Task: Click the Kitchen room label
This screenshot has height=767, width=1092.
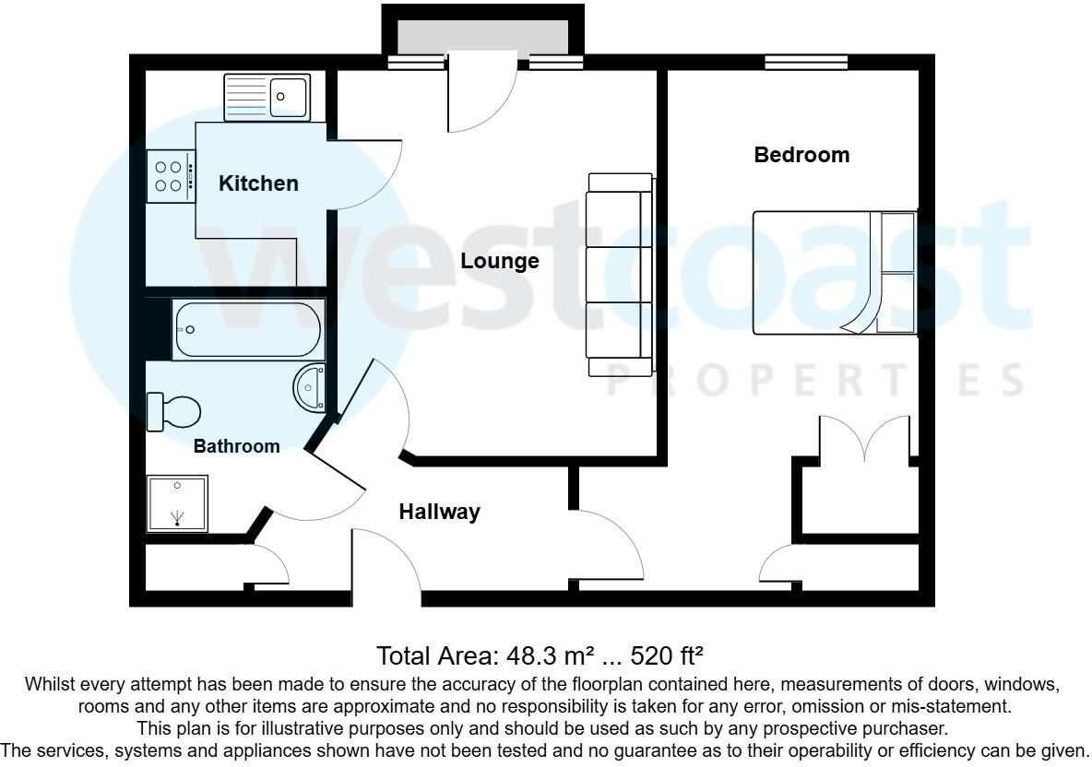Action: click(x=258, y=183)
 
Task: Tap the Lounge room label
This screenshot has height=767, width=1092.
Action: click(x=500, y=261)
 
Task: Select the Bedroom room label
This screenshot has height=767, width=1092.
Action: click(x=801, y=155)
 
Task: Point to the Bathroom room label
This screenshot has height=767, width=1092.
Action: click(x=236, y=446)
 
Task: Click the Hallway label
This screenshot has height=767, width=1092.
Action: click(x=439, y=512)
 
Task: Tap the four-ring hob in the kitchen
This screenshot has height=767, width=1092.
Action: click(x=171, y=176)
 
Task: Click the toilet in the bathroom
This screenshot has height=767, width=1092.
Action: click(x=173, y=410)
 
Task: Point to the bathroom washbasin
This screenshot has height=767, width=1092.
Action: click(x=310, y=386)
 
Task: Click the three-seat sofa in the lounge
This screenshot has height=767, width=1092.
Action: click(x=620, y=274)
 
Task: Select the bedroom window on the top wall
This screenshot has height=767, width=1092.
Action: click(x=806, y=63)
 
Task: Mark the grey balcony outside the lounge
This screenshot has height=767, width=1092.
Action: click(x=482, y=37)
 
